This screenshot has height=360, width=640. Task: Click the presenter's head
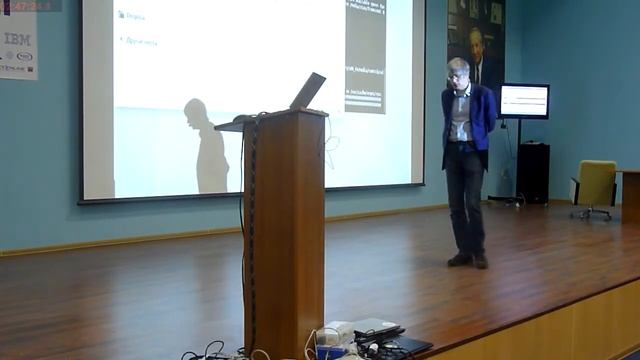459,72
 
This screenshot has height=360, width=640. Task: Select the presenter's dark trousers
465,195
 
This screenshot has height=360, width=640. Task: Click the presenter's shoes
468,259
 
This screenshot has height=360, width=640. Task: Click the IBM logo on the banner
17,39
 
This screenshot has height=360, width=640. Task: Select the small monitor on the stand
524,100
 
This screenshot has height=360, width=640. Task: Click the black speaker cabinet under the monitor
532,172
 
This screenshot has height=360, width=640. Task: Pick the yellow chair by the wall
595,185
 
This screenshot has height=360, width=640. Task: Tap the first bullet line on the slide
135,16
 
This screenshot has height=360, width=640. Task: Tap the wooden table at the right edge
630,194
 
